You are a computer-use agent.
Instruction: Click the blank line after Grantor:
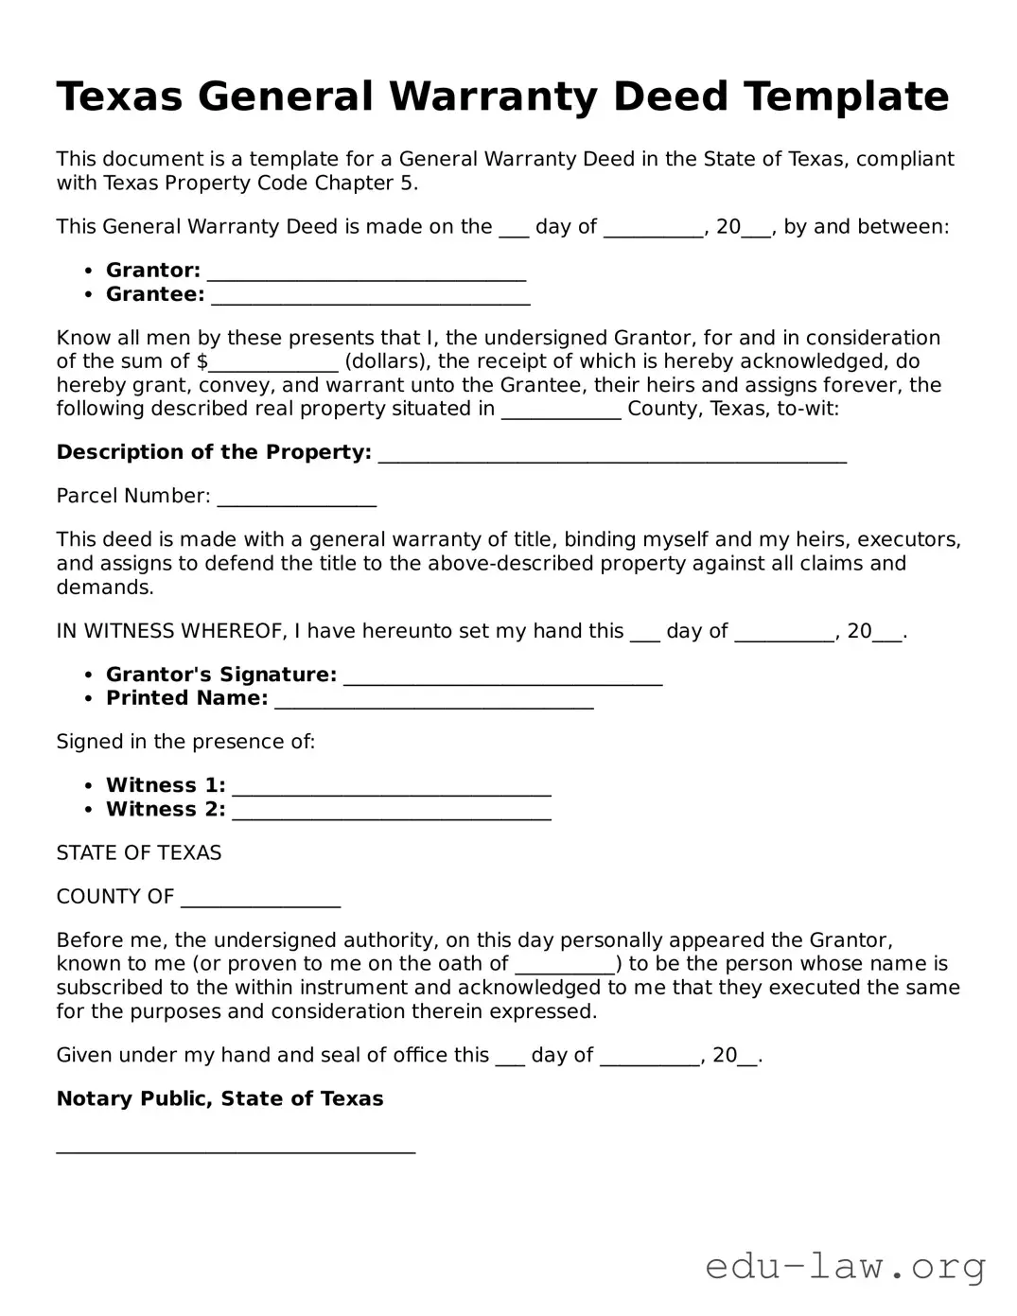(x=366, y=274)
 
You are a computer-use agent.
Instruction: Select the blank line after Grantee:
(x=370, y=298)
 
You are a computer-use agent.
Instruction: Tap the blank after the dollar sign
(x=273, y=365)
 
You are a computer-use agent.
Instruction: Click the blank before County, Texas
(x=561, y=412)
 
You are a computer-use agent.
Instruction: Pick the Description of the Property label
(x=214, y=452)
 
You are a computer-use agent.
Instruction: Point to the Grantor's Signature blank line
(x=502, y=678)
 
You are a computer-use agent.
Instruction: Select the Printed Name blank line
(x=433, y=702)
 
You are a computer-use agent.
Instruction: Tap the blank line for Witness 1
(x=392, y=789)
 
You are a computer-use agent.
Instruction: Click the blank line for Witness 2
(x=392, y=813)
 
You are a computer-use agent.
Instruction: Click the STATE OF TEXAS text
(x=139, y=852)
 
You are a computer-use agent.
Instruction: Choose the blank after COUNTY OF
(x=260, y=900)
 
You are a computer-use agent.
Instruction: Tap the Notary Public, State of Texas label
(x=219, y=1098)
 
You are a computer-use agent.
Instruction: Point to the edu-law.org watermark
(x=846, y=1265)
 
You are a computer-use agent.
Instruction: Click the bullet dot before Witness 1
(x=88, y=785)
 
